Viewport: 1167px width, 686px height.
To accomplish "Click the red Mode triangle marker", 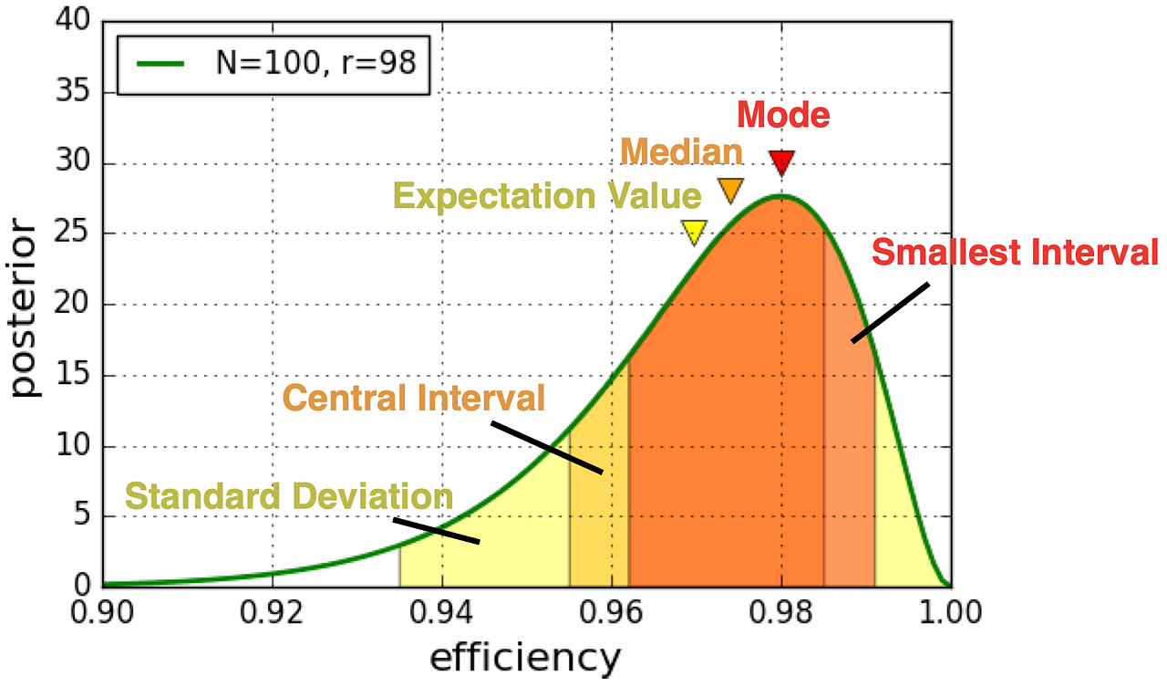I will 781,163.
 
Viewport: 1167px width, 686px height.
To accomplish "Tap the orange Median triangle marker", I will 731,189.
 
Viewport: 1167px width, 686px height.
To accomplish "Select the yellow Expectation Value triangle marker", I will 694,232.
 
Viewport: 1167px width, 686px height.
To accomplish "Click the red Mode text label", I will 783,116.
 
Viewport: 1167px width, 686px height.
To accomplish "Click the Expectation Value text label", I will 547,197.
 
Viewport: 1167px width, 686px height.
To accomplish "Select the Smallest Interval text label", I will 1015,253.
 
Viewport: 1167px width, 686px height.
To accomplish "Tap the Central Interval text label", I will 414,398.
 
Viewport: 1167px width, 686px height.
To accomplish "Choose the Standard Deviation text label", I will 289,497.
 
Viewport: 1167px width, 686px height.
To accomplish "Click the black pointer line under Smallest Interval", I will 890,313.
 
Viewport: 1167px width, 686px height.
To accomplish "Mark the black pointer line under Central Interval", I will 547,447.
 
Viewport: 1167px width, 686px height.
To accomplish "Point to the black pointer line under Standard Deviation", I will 436,531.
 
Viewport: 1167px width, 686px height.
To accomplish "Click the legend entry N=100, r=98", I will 274,63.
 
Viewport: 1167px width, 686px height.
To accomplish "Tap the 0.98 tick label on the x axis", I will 781,612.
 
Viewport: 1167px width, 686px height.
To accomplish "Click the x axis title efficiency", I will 525,658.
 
